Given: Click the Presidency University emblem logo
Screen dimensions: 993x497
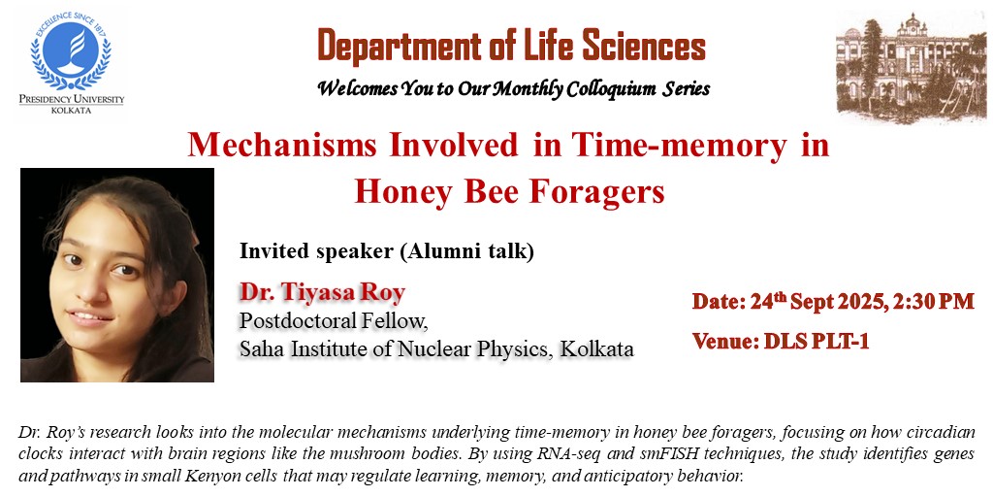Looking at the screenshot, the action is pos(71,51).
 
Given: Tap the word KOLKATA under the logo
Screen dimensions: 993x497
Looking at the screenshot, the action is pos(71,111).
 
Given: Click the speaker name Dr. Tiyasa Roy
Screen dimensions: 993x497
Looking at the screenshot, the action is pos(322,292).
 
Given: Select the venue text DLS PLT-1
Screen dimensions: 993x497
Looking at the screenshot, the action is pos(817,342).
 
